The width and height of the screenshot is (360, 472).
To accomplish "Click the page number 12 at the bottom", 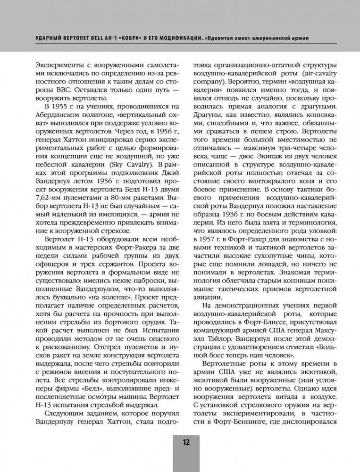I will coord(185,442).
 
